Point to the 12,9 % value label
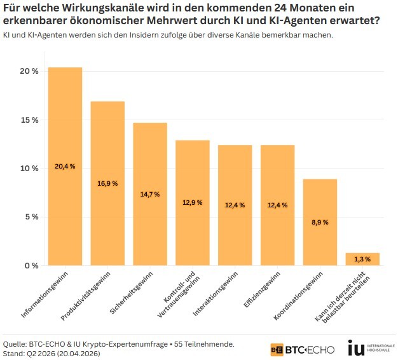(x=192, y=202)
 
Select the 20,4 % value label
(x=65, y=166)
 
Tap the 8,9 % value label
(x=320, y=222)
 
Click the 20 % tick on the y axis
(x=29, y=71)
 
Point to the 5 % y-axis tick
(x=31, y=217)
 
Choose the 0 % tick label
(x=31, y=265)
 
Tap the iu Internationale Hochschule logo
(x=368, y=348)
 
